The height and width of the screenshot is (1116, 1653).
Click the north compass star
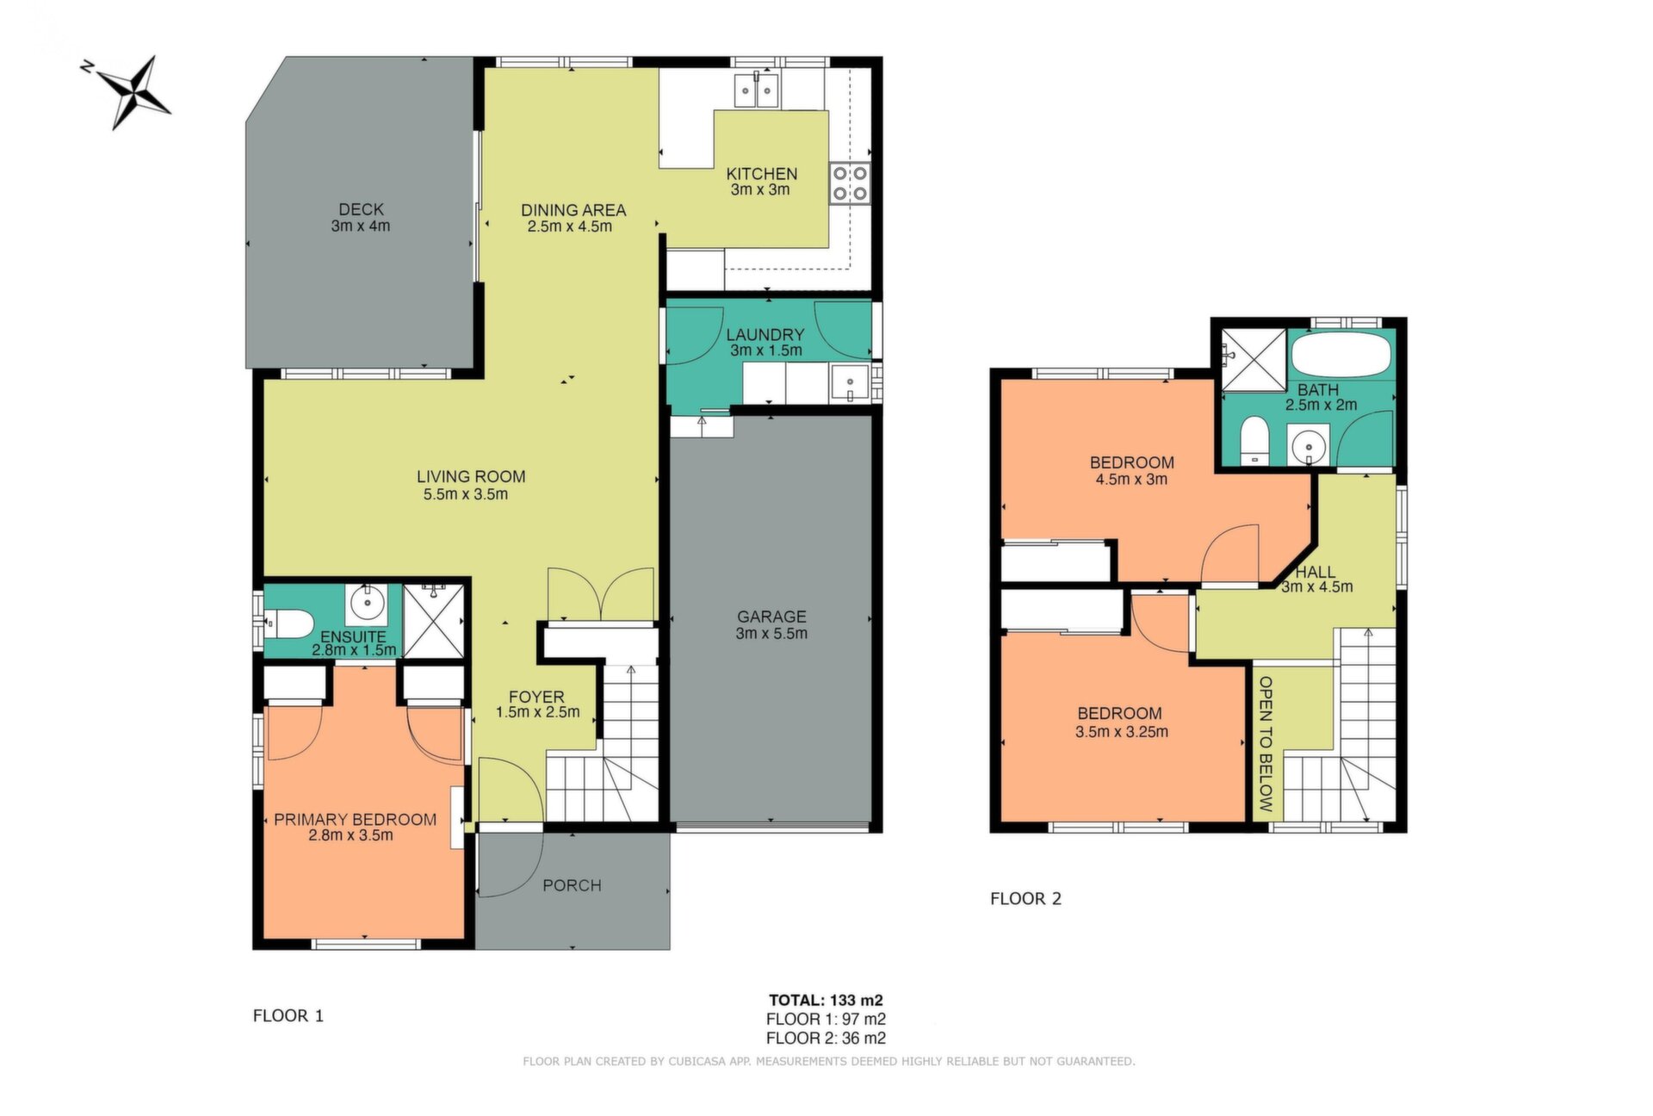tap(133, 90)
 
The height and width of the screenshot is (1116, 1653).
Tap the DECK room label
tap(361, 209)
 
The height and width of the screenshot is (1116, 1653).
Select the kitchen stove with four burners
tap(850, 183)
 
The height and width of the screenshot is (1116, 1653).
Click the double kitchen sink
tap(756, 90)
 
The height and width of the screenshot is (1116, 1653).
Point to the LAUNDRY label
tap(765, 334)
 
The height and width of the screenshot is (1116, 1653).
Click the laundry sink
tap(850, 383)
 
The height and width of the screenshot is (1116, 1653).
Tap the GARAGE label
tap(771, 617)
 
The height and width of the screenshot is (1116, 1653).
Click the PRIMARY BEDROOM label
tap(355, 820)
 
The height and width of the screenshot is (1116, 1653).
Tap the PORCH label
tap(572, 885)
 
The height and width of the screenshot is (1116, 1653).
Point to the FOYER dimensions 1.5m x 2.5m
tap(537, 712)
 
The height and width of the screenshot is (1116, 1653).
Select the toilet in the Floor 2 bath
tap(1254, 441)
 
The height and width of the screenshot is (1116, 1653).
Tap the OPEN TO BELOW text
tap(1266, 744)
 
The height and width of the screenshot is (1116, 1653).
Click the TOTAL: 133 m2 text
tap(826, 1000)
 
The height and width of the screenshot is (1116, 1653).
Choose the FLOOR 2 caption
tap(1025, 899)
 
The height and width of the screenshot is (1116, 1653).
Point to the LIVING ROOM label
tap(471, 476)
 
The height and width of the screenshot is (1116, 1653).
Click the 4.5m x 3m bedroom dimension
tap(1131, 480)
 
